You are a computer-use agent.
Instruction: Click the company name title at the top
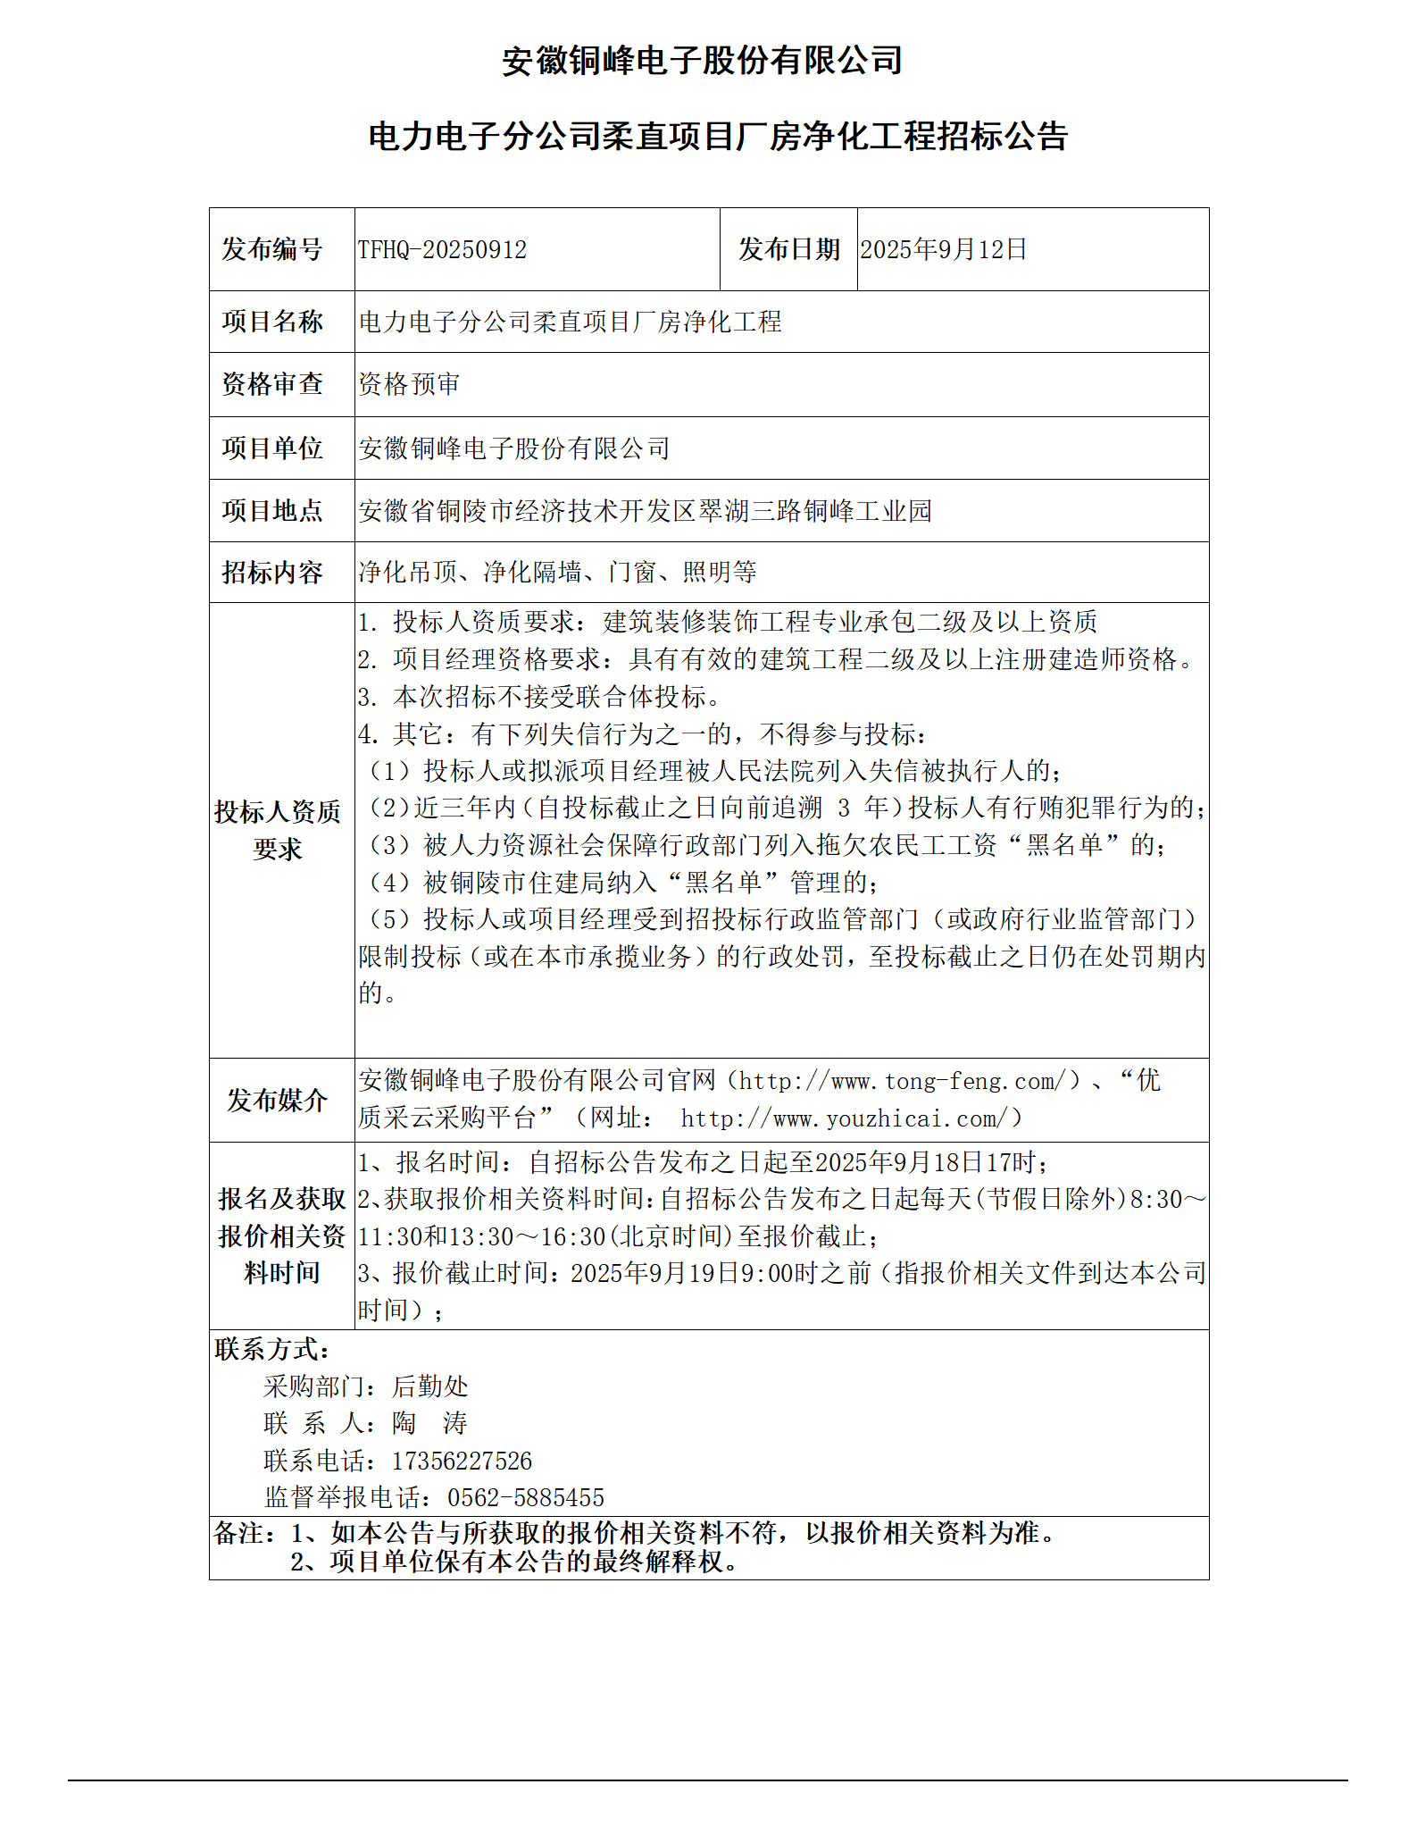click(702, 61)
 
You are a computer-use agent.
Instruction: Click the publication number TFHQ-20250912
click(442, 249)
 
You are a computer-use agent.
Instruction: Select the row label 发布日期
click(788, 249)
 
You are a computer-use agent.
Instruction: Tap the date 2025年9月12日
click(943, 249)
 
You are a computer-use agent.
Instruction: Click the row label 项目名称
click(272, 322)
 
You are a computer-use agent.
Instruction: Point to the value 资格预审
click(409, 384)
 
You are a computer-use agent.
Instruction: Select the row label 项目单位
click(272, 448)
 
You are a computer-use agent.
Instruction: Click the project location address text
click(645, 511)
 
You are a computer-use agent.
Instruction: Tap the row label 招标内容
click(272, 573)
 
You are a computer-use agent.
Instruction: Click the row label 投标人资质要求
click(278, 830)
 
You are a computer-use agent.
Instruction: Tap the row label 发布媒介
click(277, 1101)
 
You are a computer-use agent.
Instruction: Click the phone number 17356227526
click(462, 1461)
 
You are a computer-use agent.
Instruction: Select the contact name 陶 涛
click(429, 1423)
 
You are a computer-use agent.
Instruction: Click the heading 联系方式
click(271, 1349)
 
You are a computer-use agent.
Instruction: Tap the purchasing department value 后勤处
click(429, 1386)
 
